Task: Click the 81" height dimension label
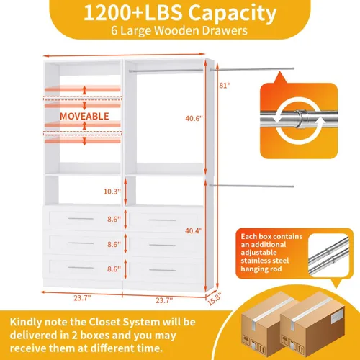[225, 86]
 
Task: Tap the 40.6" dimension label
[194, 118]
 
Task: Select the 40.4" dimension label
[194, 230]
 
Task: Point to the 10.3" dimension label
[112, 192]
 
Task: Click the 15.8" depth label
[214, 299]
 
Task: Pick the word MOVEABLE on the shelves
[84, 116]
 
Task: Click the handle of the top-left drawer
[81, 219]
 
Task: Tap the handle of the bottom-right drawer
[163, 270]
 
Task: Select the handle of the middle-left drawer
[81, 243]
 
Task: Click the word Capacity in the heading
[233, 14]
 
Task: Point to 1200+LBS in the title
[133, 13]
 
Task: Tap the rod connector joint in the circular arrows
[302, 120]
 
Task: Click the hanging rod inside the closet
[166, 71]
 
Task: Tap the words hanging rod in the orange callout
[261, 269]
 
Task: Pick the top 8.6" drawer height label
[114, 219]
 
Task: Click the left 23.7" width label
[82, 298]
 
